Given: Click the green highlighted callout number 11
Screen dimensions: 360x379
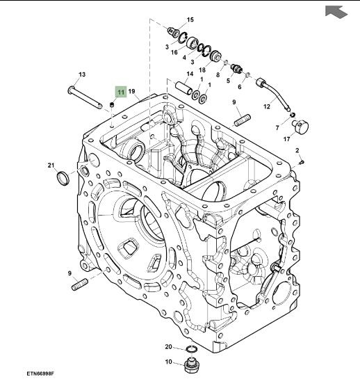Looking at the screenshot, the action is click(121, 92).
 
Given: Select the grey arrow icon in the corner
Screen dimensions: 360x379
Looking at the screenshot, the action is click(336, 11).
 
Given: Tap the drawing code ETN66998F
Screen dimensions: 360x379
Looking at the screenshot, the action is click(40, 373).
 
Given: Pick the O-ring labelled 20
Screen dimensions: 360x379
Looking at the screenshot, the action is click(192, 349).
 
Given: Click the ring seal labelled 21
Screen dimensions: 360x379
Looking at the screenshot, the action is click(63, 178).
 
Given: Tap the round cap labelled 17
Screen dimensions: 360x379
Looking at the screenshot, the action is click(300, 126).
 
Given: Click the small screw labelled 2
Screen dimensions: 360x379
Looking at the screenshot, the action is click(302, 162).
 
